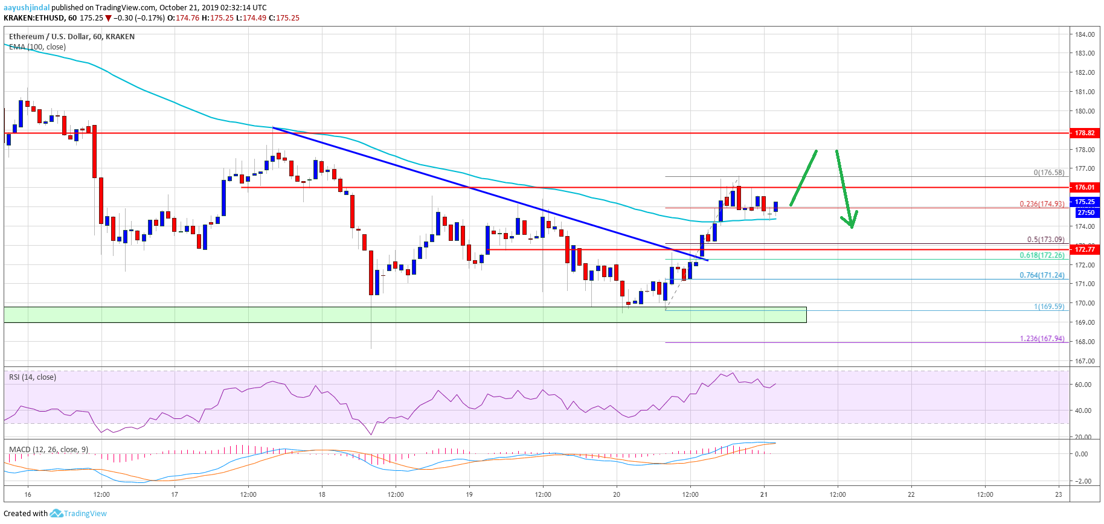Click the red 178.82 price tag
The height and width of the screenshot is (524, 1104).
point(1085,133)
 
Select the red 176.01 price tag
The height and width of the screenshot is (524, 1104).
point(1085,187)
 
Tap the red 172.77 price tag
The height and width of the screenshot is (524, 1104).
point(1085,249)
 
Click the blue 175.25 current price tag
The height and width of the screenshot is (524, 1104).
point(1085,202)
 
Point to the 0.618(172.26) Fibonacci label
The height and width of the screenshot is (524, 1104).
point(1042,255)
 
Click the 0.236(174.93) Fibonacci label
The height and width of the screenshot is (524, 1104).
point(1042,204)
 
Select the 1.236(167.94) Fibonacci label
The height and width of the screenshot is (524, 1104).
point(1042,339)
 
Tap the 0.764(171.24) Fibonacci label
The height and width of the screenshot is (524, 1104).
point(1042,275)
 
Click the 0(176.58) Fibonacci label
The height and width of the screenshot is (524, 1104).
point(1048,173)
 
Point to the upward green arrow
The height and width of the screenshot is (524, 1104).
point(803,177)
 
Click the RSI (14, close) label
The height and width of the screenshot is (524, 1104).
point(33,377)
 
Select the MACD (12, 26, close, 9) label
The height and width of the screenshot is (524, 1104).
point(48,450)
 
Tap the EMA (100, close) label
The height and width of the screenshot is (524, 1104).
point(37,47)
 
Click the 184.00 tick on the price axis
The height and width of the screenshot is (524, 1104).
point(1085,34)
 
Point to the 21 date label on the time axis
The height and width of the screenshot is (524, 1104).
point(764,494)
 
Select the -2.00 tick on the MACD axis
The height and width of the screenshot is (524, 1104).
point(1082,481)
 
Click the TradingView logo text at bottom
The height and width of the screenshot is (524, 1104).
point(85,514)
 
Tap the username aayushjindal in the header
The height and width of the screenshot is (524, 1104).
point(27,8)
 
